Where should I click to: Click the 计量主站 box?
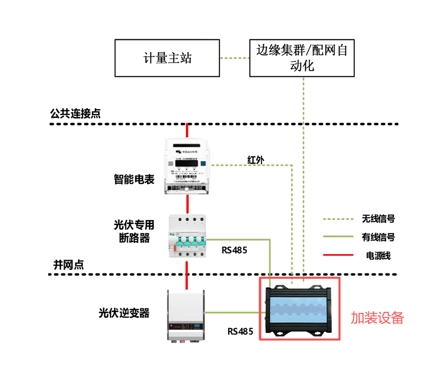[x=167, y=58]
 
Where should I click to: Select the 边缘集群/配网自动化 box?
[x=302, y=58]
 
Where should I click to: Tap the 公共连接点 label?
[x=75, y=113]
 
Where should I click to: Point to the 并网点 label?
[x=69, y=265]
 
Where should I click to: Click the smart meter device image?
[x=187, y=166]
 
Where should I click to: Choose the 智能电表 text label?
[x=134, y=179]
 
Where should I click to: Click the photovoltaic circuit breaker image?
[x=187, y=237]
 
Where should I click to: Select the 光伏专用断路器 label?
[x=134, y=231]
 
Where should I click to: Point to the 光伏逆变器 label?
[x=124, y=313]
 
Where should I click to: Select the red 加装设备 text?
[x=378, y=318]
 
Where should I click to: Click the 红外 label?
[x=256, y=160]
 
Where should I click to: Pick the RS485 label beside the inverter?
[x=240, y=331]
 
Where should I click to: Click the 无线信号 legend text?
[x=378, y=219]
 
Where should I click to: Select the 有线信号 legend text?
[x=378, y=237]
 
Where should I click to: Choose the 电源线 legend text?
[x=378, y=256]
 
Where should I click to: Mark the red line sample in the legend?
[x=338, y=255]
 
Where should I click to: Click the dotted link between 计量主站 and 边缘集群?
[x=234, y=58]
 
